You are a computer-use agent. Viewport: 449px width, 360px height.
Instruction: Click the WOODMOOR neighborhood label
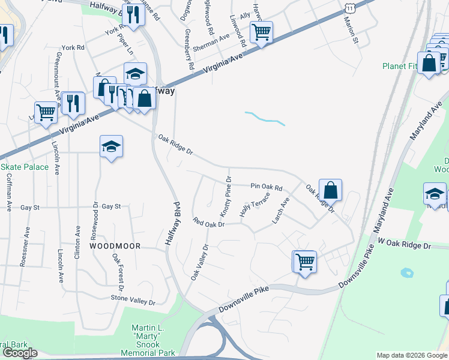pos(115,246)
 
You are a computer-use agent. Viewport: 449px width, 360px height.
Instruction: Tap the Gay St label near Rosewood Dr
pos(112,206)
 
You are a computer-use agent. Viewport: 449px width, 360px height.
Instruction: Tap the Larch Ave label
pos(281,211)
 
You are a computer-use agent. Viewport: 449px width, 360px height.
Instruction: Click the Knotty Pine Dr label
pos(226,196)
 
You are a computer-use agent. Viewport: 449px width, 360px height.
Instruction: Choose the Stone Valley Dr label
pos(133,298)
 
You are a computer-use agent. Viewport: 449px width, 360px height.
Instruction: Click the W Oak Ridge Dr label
pos(404,244)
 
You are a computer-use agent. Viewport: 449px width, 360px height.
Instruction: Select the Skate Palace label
pos(24,167)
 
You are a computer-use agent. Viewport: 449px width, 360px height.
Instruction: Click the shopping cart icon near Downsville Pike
pos(305,262)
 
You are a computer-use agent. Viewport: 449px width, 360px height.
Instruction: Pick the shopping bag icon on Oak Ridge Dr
pos(330,190)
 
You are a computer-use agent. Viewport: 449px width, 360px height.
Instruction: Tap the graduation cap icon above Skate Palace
pos(111,146)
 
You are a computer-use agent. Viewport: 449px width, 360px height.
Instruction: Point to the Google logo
pos(20,353)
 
